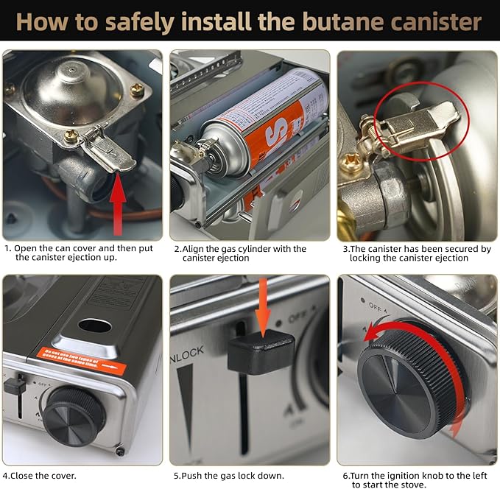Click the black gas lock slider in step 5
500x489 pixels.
click(x=260, y=352)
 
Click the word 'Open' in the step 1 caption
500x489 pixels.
click(x=30, y=249)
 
